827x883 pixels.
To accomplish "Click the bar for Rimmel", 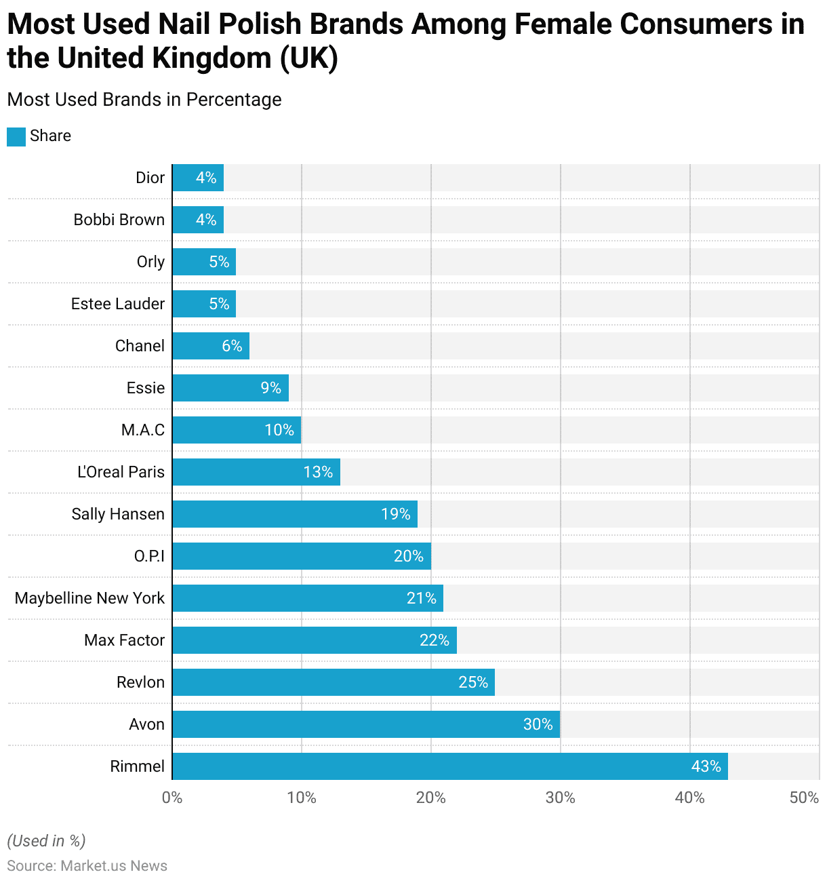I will tap(449, 766).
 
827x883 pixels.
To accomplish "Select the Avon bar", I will tap(366, 724).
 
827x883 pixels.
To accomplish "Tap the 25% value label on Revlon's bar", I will tap(473, 682).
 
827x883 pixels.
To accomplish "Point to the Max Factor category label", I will tap(124, 640).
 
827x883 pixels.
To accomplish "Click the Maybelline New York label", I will tap(89, 598).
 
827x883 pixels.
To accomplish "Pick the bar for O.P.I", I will tap(302, 556).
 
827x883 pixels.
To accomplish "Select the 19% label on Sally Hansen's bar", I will tap(396, 514).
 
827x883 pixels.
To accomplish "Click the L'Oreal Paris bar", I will tap(256, 472).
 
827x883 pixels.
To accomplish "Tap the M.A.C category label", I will tap(143, 430).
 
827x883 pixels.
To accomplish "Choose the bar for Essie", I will tap(230, 388).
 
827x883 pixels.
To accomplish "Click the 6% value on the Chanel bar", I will tap(232, 346).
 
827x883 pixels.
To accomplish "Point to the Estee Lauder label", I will tap(118, 304).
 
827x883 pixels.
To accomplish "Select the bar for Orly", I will tap(204, 262).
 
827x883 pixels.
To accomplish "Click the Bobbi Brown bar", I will tap(198, 220).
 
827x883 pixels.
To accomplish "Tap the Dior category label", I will tap(150, 178).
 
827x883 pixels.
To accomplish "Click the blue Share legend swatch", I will tap(16, 137).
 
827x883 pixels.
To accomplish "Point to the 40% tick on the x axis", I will tap(689, 798).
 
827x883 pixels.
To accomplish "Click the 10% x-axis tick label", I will tap(302, 798).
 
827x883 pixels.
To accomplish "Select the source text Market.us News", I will tap(114, 866).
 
